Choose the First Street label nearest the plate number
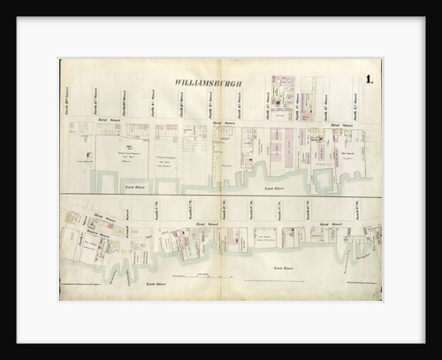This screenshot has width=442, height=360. pyautogui.click(x=337, y=126)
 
